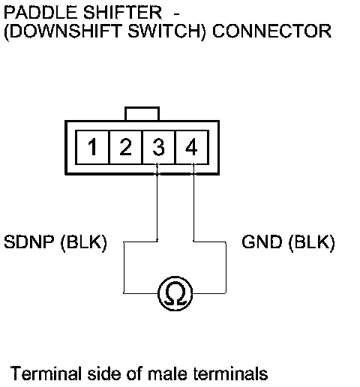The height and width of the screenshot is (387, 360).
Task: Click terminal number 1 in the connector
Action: [92, 147]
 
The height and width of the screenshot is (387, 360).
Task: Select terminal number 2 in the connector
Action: [125, 147]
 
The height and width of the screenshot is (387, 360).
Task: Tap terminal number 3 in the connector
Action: [158, 147]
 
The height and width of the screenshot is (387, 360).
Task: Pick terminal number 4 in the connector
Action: [192, 147]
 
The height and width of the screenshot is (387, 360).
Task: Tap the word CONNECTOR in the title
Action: [272, 31]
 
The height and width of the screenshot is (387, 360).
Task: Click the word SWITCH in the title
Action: [166, 31]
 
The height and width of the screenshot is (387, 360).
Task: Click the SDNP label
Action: [29, 241]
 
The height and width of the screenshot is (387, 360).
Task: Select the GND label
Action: [262, 241]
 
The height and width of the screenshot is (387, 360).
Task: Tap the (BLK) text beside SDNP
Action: [84, 242]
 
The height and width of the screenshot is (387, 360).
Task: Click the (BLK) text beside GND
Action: [311, 242]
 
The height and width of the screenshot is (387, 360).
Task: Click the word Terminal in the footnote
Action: [46, 373]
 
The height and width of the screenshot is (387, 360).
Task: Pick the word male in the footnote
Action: [167, 373]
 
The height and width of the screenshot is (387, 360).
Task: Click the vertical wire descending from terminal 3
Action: [157, 202]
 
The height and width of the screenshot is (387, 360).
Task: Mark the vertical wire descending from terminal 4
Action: [193, 202]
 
